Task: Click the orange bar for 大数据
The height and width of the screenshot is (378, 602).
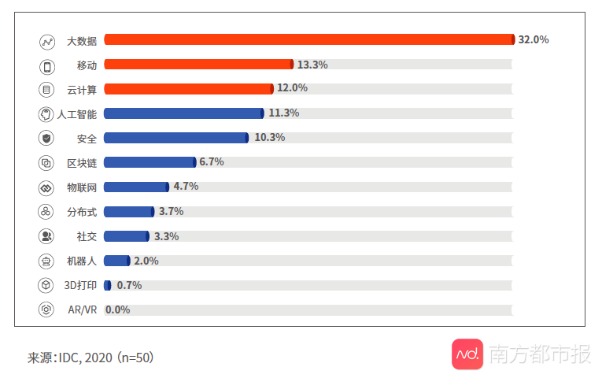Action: [308, 39]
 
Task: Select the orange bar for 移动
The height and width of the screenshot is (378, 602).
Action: [198, 65]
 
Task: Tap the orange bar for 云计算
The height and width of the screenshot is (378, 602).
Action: [188, 89]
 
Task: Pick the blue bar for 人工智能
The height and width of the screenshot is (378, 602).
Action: [183, 113]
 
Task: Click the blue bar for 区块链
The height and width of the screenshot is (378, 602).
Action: [150, 162]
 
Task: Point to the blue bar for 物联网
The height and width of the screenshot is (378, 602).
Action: [136, 187]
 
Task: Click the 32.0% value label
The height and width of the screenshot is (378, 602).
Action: [533, 39]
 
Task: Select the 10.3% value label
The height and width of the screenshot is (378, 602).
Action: [269, 138]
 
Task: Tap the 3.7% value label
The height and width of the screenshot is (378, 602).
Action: [171, 212]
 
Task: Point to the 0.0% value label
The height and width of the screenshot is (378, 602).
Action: [117, 309]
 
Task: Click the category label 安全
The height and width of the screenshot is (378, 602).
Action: [87, 139]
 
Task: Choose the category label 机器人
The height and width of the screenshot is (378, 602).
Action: [81, 261]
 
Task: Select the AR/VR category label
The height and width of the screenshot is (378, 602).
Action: [82, 310]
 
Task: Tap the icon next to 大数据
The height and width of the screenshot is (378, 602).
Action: [46, 41]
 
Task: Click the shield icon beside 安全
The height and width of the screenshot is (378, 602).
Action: [46, 139]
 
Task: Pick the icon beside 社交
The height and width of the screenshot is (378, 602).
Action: [46, 236]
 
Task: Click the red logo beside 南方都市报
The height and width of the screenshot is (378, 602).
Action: [467, 354]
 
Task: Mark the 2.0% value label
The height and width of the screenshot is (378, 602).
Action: [146, 261]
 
